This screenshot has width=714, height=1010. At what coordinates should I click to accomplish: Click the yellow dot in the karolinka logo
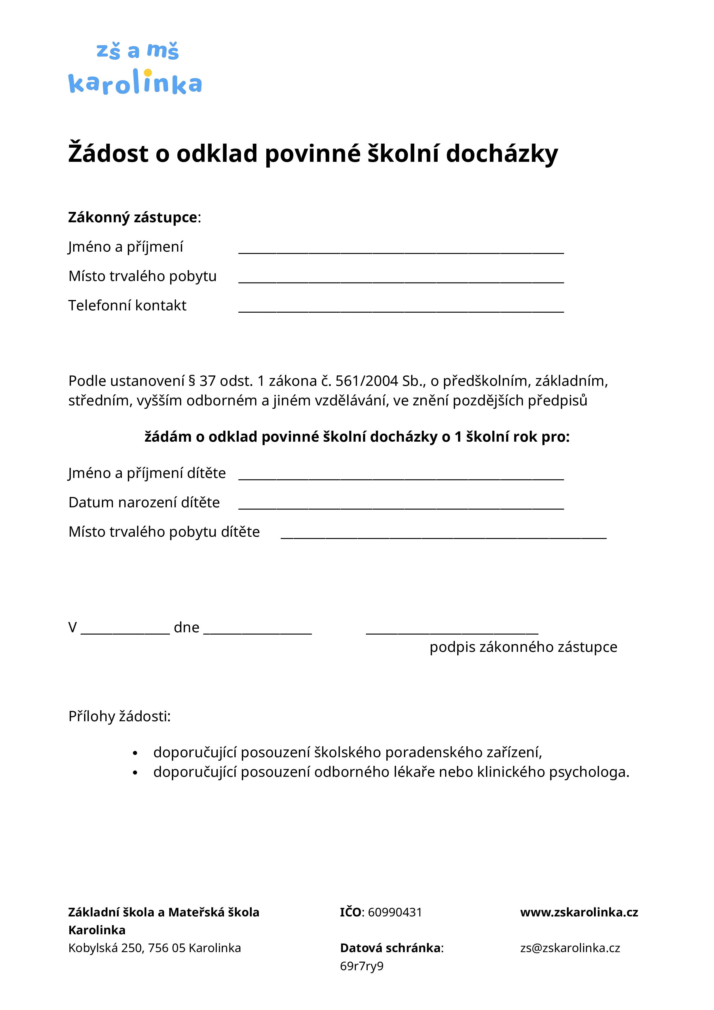[x=148, y=73]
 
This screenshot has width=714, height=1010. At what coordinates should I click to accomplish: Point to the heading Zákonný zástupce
[x=133, y=217]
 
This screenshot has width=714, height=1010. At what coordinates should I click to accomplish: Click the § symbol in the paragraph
[x=192, y=381]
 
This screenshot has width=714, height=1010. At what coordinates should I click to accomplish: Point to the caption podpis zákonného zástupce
[x=523, y=647]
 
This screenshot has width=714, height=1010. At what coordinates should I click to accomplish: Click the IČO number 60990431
[x=395, y=912]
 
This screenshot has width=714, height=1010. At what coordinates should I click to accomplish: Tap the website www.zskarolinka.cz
[x=579, y=912]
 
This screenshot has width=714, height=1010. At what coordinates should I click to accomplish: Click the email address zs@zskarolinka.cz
[x=570, y=948]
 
